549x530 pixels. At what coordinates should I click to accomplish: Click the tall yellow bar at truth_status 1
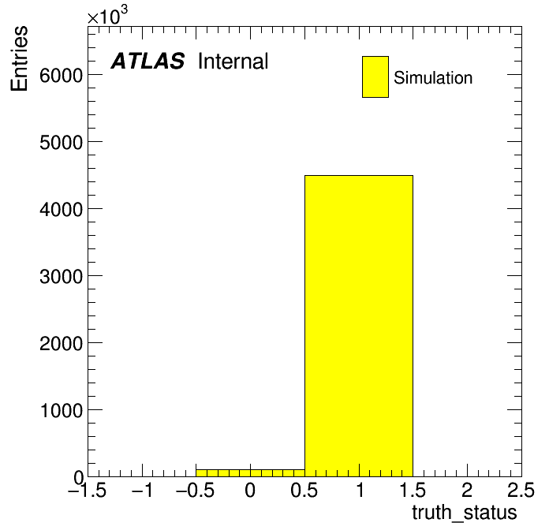[x=359, y=326]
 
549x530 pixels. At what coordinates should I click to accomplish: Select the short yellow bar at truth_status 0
[x=250, y=473]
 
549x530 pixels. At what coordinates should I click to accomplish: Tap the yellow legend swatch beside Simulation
[x=375, y=77]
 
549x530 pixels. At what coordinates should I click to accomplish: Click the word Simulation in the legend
[x=433, y=77]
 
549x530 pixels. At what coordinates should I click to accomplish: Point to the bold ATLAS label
[x=148, y=61]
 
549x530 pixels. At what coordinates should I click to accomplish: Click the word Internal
[x=233, y=61]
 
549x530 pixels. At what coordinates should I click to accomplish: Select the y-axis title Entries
[x=19, y=58]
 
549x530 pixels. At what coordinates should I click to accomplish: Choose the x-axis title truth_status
[x=465, y=513]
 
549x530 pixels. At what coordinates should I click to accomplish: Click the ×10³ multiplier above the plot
[x=107, y=16]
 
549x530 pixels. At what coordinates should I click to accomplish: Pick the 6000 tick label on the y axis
[x=61, y=75]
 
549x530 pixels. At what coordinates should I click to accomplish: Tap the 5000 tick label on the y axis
[x=61, y=143]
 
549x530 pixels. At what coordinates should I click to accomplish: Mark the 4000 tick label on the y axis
[x=61, y=209]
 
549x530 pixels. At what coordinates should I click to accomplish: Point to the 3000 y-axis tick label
[x=61, y=277]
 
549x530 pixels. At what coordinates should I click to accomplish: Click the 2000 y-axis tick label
[x=61, y=343]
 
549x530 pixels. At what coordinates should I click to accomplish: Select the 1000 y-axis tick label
[x=62, y=410]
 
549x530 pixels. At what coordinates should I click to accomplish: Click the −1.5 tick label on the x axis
[x=87, y=490]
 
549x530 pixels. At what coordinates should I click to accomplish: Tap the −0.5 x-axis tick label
[x=195, y=490]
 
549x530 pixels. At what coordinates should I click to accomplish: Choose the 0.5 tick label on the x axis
[x=304, y=490]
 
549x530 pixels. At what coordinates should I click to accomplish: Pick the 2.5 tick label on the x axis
[x=521, y=490]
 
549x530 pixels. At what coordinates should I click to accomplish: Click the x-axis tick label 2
[x=467, y=490]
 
